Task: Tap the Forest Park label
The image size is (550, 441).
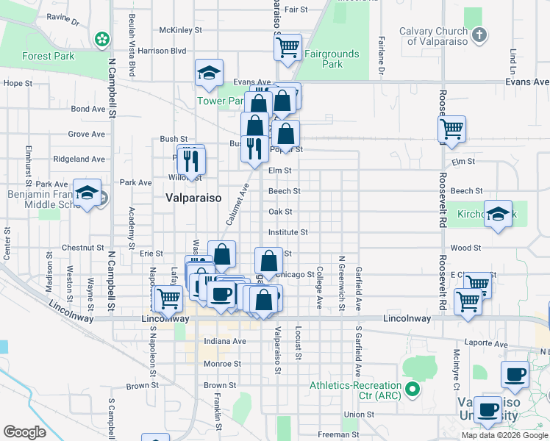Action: pos(48,56)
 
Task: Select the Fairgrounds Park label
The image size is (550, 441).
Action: pos(332,59)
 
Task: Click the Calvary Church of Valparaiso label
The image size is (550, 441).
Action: pos(433,36)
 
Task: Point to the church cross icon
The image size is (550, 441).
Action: pos(479,35)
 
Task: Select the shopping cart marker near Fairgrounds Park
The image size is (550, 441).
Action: pos(287,48)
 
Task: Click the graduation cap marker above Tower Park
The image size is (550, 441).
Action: pos(210,73)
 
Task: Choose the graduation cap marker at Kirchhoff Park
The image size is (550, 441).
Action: pos(498,214)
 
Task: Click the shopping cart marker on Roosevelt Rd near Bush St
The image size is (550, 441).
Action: pos(451,129)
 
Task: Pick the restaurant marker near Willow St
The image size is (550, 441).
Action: pos(191,160)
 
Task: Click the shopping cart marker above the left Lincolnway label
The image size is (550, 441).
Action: pos(168,298)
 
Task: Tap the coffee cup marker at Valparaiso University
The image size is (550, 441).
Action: pos(487,409)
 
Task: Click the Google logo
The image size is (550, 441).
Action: pos(24,432)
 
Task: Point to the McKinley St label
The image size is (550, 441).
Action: pos(180,30)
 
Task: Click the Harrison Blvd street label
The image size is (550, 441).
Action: pos(162,51)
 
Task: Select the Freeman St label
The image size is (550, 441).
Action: pos(338,434)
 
